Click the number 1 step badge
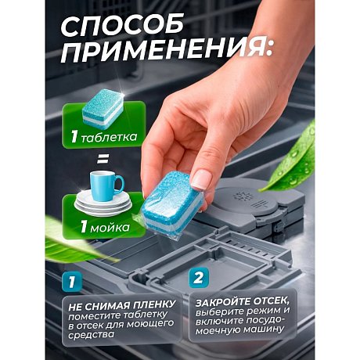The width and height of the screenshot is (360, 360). point(70,278)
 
